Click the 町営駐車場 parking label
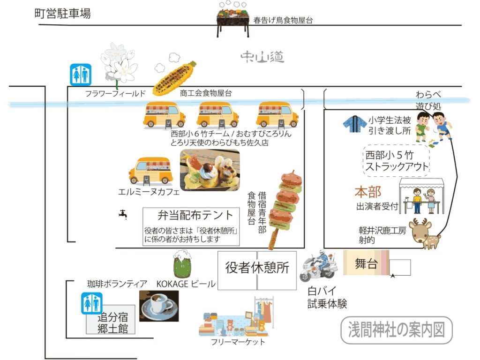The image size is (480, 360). (62, 14)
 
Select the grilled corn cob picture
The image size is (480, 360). (174, 78)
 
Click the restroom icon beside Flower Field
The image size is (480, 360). (81, 75)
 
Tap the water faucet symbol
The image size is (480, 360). (123, 214)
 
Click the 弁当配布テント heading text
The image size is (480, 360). (195, 215)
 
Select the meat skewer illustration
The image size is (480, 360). (285, 209)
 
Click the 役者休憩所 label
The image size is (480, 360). (257, 268)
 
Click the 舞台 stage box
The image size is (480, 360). (366, 263)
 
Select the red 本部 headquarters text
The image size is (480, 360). (368, 192)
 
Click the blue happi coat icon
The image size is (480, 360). (354, 124)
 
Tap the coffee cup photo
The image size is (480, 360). (159, 306)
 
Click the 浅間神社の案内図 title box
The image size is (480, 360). (397, 330)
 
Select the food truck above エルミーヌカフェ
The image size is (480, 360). (150, 172)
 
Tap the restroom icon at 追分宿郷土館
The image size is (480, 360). (91, 303)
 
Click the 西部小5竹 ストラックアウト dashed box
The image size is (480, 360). (397, 161)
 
